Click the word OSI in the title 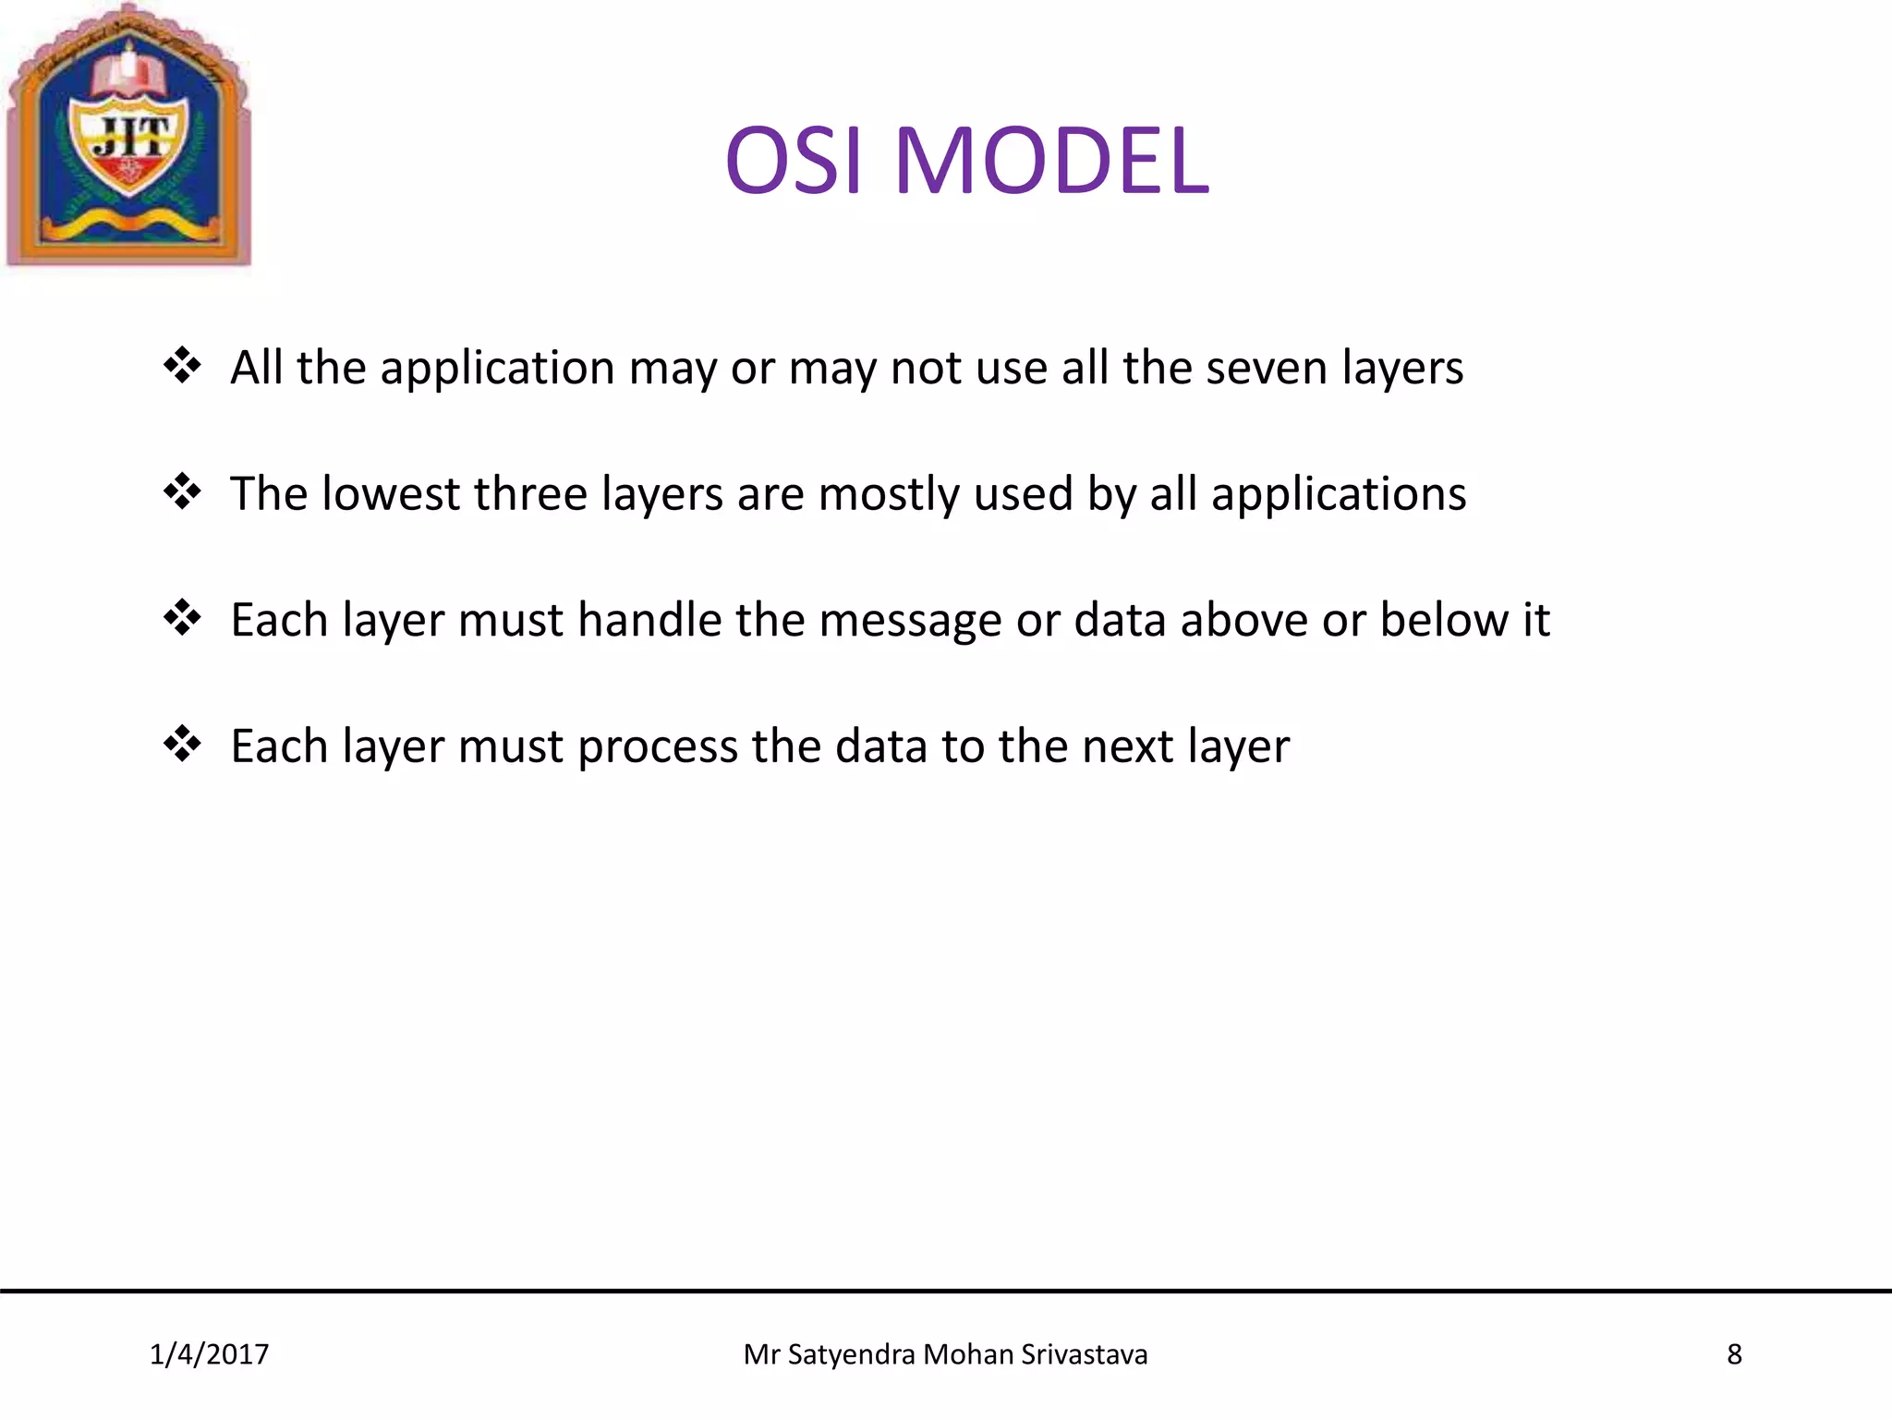click(794, 162)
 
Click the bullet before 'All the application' click(182, 366)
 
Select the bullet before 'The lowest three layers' click(182, 491)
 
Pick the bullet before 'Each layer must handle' click(182, 618)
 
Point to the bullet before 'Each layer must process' click(182, 744)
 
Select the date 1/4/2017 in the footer click(209, 1354)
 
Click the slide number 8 click(1734, 1354)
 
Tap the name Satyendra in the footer click(851, 1354)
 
